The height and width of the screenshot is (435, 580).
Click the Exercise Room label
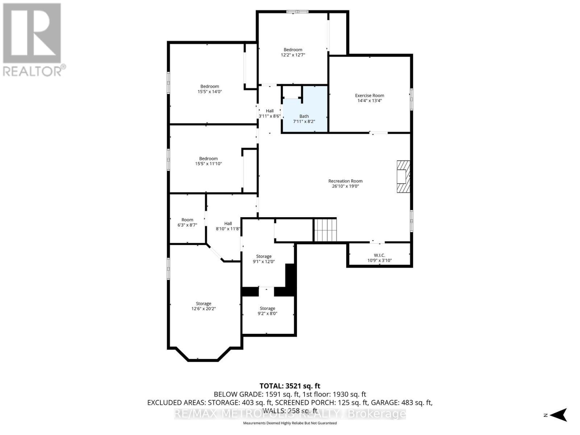(369, 96)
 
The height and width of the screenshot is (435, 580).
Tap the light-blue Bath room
(304, 109)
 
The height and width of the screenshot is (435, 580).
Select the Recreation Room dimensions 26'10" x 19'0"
(345, 186)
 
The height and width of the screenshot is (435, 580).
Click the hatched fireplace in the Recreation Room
(402, 177)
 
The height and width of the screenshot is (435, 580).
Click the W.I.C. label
(379, 255)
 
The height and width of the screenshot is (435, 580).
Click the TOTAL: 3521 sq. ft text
(290, 386)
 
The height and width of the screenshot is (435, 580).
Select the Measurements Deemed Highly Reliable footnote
(290, 423)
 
